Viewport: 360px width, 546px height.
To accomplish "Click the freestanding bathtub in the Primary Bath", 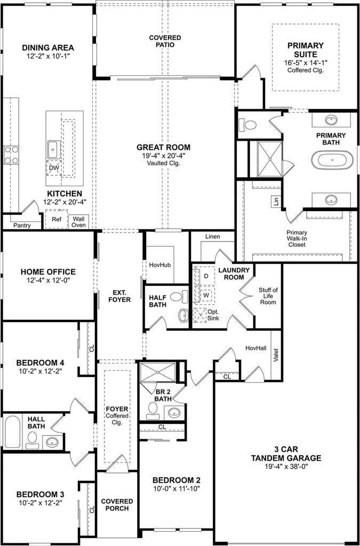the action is click(x=332, y=160).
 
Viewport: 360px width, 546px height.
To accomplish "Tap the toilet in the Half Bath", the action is click(x=178, y=296).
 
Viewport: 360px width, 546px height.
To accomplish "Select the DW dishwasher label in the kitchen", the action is click(x=54, y=168).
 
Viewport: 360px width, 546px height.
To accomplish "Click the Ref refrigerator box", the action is click(x=57, y=219).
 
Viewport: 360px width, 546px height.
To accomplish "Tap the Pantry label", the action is click(x=22, y=226).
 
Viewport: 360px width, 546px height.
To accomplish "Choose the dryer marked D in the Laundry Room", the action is click(x=206, y=276).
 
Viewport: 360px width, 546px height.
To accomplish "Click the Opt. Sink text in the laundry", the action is click(x=213, y=315).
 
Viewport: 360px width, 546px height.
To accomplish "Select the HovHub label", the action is click(x=160, y=265).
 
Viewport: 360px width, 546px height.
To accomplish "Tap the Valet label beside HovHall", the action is click(x=276, y=356).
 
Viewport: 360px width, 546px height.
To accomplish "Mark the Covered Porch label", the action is click(x=117, y=504).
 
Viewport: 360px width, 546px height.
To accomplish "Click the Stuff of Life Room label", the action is click(x=267, y=296).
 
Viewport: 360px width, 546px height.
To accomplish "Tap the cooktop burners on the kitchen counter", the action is click(x=11, y=155).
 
